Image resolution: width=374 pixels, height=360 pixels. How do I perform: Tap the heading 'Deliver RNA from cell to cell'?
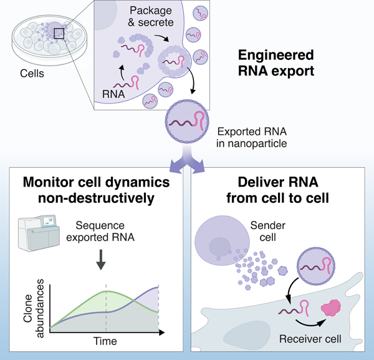(x=280, y=190)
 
